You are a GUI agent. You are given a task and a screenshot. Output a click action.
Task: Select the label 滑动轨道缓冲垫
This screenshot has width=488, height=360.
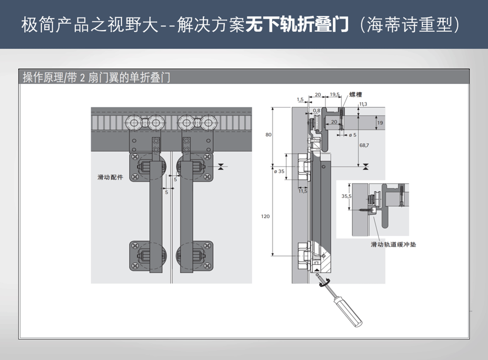coord(393,244)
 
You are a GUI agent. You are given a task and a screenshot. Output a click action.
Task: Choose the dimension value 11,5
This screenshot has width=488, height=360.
coord(303,191)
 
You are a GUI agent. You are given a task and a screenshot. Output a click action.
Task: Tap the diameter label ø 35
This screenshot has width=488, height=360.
coord(279,171)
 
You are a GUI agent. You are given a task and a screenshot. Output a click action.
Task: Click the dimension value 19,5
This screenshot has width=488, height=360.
coord(335,94)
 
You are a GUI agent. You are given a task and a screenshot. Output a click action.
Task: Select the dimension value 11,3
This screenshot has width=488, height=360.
coord(363,104)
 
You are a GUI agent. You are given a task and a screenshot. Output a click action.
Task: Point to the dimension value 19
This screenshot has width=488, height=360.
coord(380,123)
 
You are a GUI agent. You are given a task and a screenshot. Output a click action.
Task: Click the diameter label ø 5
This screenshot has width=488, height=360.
coord(352,134)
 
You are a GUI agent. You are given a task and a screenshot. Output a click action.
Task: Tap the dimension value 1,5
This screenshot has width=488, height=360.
coord(300,100)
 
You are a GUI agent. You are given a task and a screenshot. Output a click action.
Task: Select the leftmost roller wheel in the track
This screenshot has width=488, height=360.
coord(132,122)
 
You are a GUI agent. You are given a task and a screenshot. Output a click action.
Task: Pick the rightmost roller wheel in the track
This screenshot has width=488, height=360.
coord(209,122)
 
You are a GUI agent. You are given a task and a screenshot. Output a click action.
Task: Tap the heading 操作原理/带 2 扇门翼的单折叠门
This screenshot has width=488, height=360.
coord(97,77)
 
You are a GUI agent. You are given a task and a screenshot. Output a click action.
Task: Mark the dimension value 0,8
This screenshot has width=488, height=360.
coord(317,111)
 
